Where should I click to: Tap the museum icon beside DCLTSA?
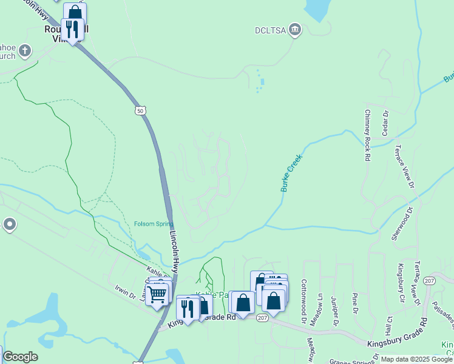pos(295,29)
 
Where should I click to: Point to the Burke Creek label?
pos(291,173)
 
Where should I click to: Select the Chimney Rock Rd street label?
pos(368,135)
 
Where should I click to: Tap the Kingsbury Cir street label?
pos(401,283)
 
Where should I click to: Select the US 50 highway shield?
pos(141,111)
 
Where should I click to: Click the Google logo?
pos(21,357)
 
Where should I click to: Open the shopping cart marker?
pos(157,295)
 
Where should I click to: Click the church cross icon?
pos(25,50)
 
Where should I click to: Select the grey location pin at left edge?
pos(9,225)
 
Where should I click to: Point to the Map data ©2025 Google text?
pos(416,359)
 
